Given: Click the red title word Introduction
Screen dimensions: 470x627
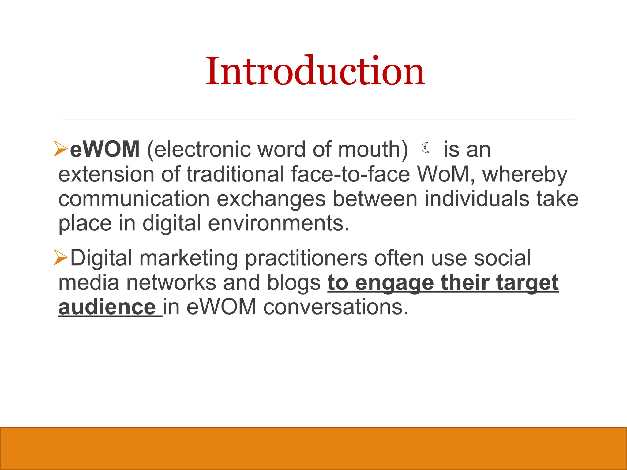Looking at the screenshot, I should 315,72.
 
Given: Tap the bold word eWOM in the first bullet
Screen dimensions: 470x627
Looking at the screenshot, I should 105,149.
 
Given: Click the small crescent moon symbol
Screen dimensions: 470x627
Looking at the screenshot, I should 426,148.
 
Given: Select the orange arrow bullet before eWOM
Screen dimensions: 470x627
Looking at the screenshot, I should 61,149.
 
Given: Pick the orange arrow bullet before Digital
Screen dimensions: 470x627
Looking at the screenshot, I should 61,257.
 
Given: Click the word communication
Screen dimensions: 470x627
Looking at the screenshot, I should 134,199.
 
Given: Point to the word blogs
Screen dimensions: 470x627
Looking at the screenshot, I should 294,282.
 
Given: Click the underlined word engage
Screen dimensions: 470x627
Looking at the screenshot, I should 394,283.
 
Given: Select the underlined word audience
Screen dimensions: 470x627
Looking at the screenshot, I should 107,307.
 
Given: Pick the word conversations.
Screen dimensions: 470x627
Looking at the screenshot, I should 336,307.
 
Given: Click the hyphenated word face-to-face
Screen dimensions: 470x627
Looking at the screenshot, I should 350,174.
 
